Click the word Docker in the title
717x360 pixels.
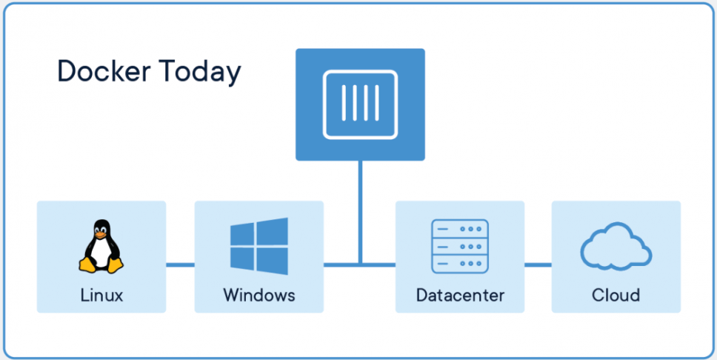(103, 72)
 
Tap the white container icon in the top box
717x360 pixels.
(360, 104)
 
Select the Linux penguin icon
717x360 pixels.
(101, 247)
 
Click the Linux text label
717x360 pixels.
(101, 296)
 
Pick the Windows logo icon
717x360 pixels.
(259, 245)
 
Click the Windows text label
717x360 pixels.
(259, 296)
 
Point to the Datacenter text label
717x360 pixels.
(460, 296)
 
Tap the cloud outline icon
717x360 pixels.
(616, 247)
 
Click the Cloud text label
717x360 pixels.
(616, 296)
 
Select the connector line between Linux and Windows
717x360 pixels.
(180, 264)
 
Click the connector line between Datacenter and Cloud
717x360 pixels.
(538, 264)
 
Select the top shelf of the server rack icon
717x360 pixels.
(459, 229)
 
